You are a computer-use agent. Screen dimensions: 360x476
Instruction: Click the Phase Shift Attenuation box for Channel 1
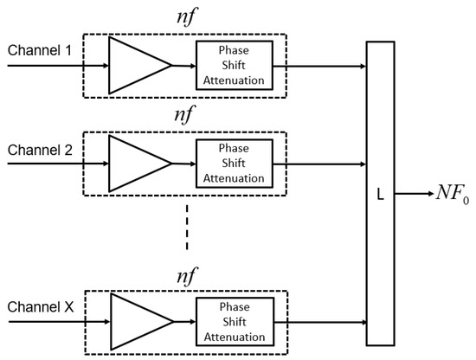click(234, 65)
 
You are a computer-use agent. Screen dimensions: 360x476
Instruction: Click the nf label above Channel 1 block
click(185, 17)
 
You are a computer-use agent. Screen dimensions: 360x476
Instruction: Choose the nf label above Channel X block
click(185, 274)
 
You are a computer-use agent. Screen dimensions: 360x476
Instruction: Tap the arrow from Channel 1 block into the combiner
click(325, 65)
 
